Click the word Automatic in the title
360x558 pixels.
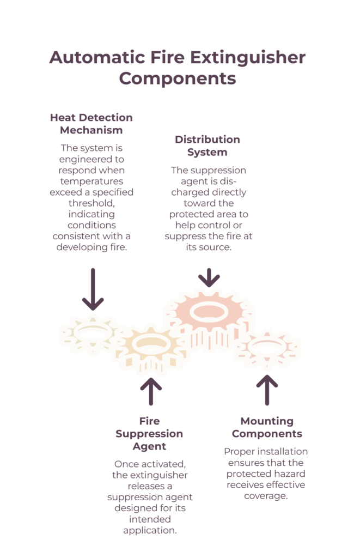(x=97, y=58)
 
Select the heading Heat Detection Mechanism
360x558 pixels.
(x=91, y=124)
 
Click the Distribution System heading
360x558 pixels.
(x=208, y=146)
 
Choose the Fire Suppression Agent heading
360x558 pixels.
(x=149, y=434)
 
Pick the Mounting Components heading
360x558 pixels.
(x=267, y=427)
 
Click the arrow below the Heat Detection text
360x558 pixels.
(x=93, y=289)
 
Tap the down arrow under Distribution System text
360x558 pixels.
(x=209, y=277)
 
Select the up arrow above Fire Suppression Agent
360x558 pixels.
(x=151, y=391)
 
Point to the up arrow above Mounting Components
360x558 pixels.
(x=267, y=390)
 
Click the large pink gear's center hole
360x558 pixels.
(x=209, y=312)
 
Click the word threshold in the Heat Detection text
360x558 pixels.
(x=91, y=203)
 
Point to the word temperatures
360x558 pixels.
(x=92, y=181)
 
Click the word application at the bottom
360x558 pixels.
(x=150, y=531)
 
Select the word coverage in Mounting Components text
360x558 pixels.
(x=266, y=496)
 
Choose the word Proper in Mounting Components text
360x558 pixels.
(x=237, y=452)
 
